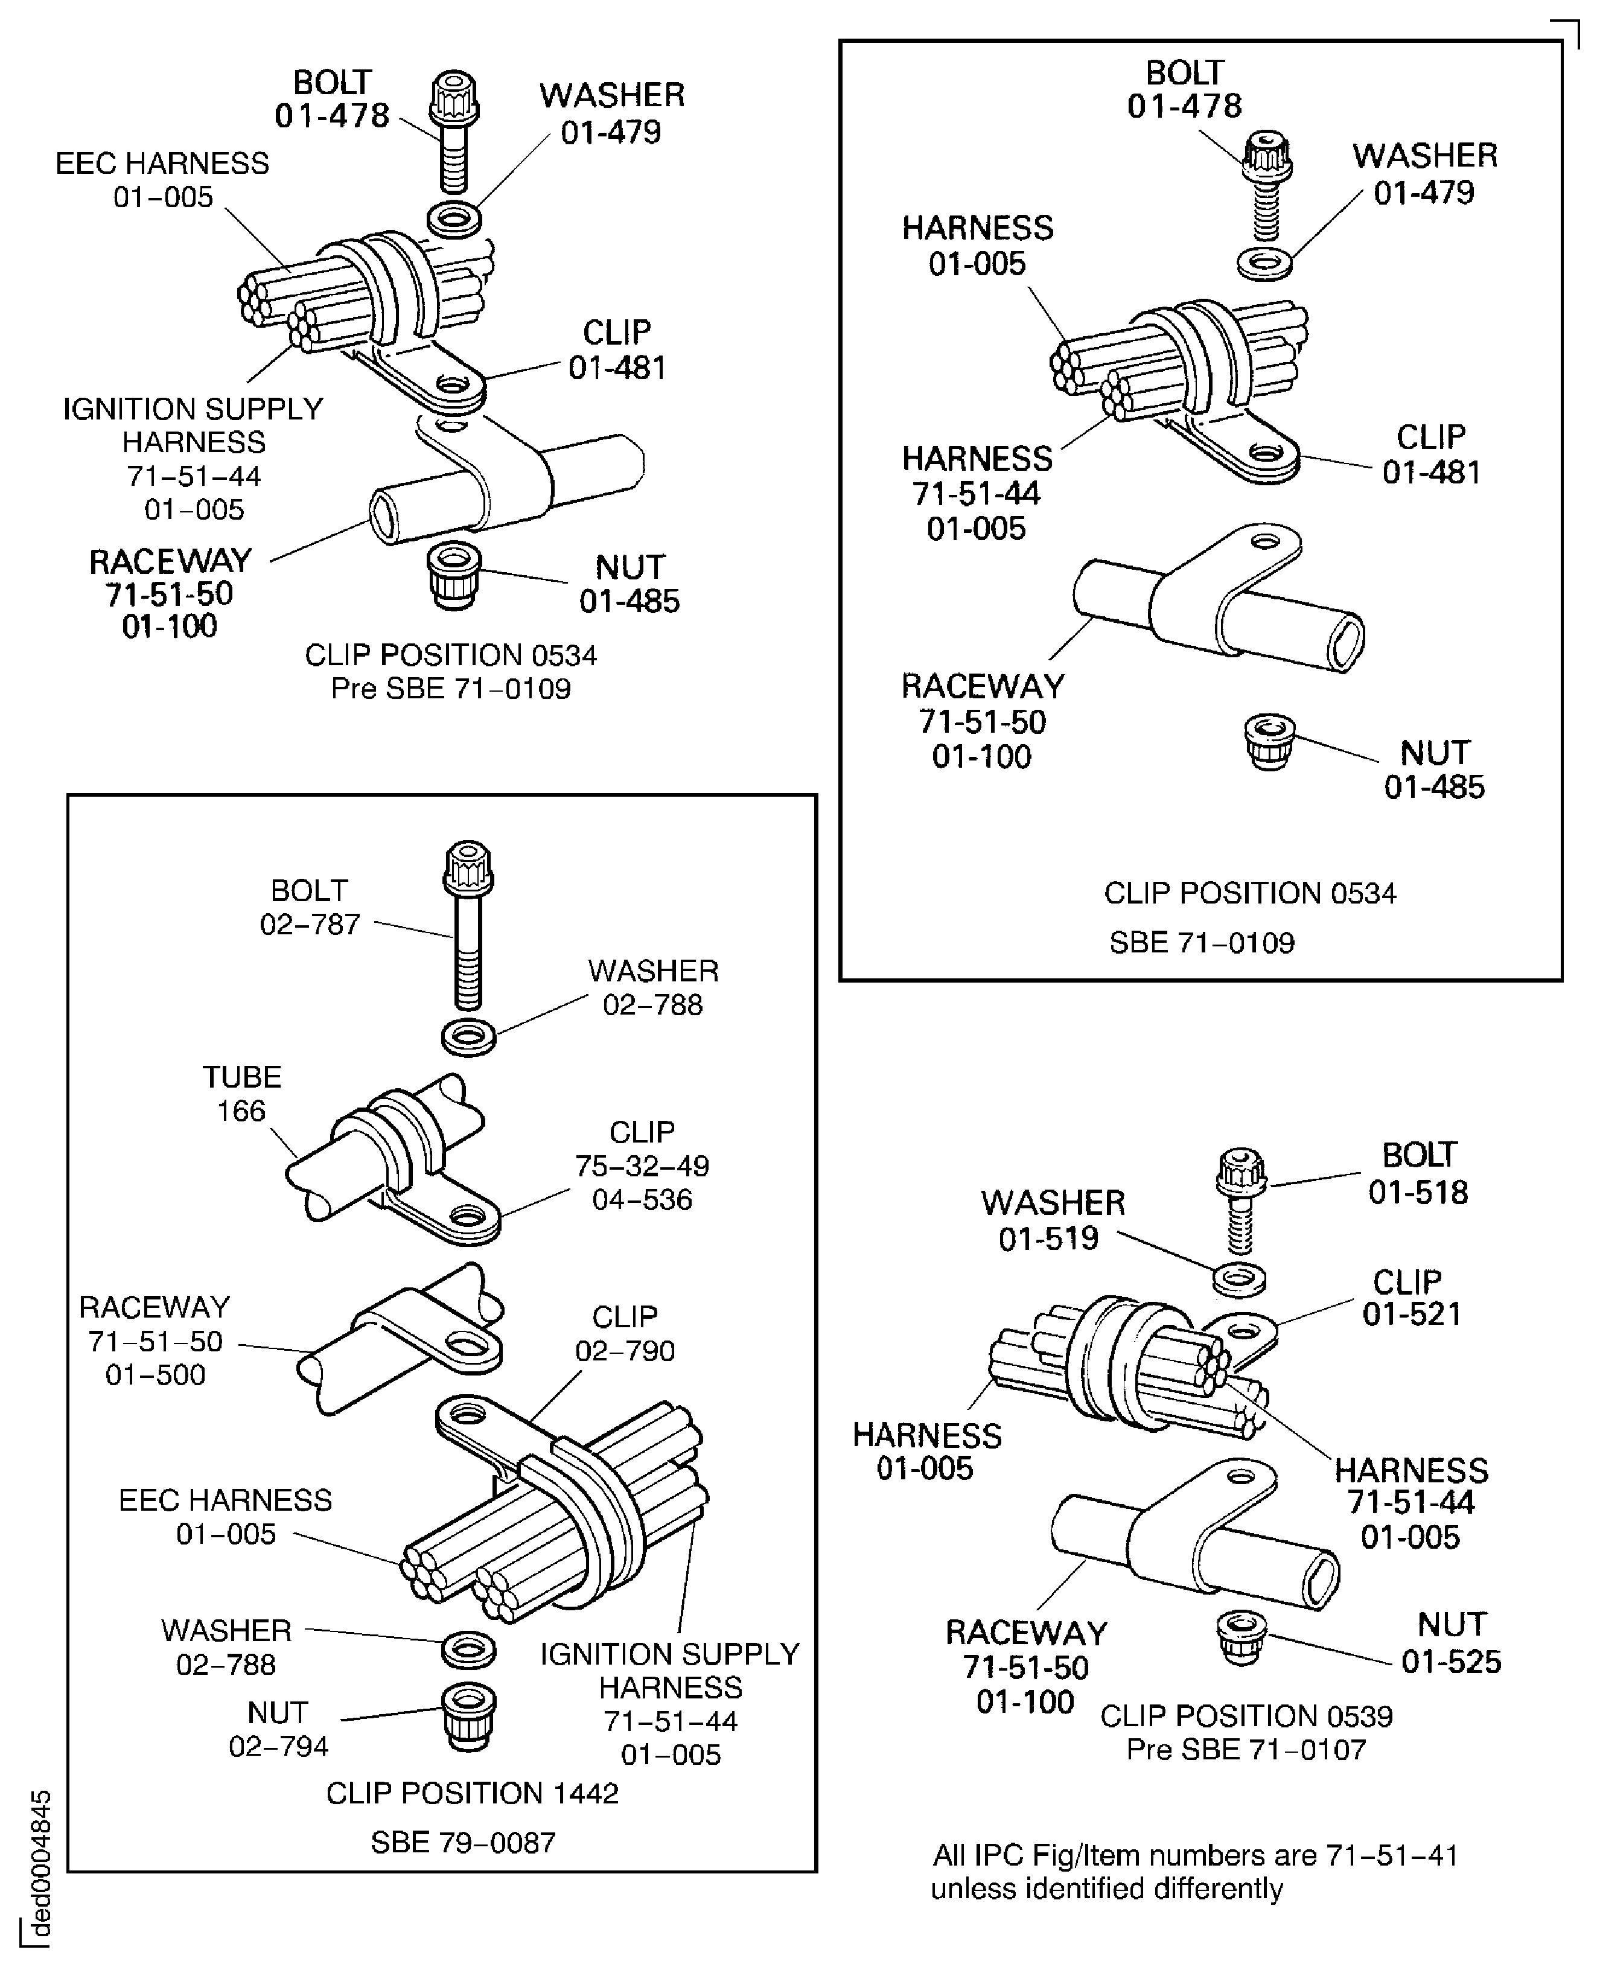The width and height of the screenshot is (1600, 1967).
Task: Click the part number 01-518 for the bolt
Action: [x=1418, y=1192]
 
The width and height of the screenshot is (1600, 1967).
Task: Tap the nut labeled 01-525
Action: [x=1240, y=1638]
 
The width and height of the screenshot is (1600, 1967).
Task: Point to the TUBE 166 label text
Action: [x=241, y=1093]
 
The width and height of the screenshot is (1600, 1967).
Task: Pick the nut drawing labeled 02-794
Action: [x=469, y=1717]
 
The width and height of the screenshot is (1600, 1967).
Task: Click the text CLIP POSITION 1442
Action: [x=472, y=1793]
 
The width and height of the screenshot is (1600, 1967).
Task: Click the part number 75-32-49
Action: [x=642, y=1166]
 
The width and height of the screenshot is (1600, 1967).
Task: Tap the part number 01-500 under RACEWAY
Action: [x=155, y=1374]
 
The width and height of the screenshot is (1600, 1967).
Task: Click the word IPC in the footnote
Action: [x=1000, y=1855]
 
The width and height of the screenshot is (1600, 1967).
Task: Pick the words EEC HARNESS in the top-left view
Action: [x=162, y=163]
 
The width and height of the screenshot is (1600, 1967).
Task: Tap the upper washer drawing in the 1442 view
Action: [x=469, y=1036]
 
